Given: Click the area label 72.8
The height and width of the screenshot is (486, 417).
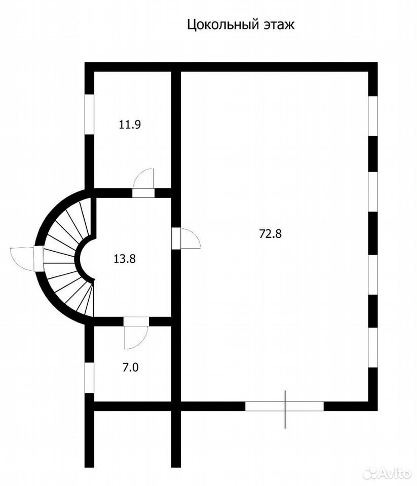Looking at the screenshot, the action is [x=270, y=233].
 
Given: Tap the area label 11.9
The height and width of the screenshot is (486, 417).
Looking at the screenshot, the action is [x=130, y=125].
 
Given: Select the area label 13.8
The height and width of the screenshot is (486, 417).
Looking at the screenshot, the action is [x=125, y=258].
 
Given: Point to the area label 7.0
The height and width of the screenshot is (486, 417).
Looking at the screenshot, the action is [x=130, y=368].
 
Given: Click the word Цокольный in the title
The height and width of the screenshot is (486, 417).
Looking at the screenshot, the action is [x=223, y=25].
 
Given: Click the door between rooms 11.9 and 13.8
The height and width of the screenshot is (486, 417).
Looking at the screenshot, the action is [x=143, y=183].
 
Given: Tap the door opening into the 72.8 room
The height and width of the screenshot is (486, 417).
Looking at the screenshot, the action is [x=186, y=238].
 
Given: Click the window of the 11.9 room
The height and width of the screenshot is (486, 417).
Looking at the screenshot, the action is [x=89, y=114].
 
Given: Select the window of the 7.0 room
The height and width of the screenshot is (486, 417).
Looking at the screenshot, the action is [x=89, y=378].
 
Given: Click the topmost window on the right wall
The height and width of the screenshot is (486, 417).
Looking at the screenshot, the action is [x=373, y=116].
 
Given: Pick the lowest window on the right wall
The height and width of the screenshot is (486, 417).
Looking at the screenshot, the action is [x=373, y=347].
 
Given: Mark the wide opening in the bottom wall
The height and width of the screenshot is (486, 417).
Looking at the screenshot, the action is [x=285, y=406].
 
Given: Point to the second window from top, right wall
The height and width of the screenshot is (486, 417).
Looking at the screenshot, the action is [x=373, y=191].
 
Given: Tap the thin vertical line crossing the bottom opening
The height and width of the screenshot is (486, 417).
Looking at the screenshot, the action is [x=285, y=410].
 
